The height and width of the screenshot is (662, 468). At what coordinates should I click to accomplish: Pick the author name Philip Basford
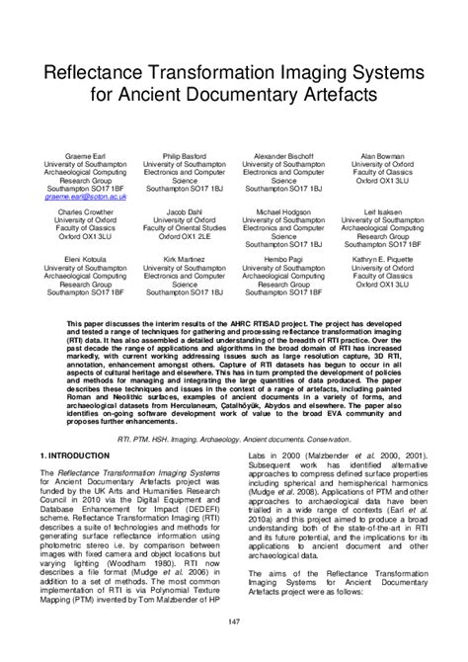point(185,156)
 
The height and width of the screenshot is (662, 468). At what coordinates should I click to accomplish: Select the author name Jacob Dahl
point(185,211)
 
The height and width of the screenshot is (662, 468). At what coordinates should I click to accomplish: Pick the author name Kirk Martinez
point(185,259)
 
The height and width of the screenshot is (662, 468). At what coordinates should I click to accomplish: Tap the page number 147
point(234,621)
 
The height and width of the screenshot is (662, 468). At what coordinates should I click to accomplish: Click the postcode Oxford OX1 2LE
point(185,237)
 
